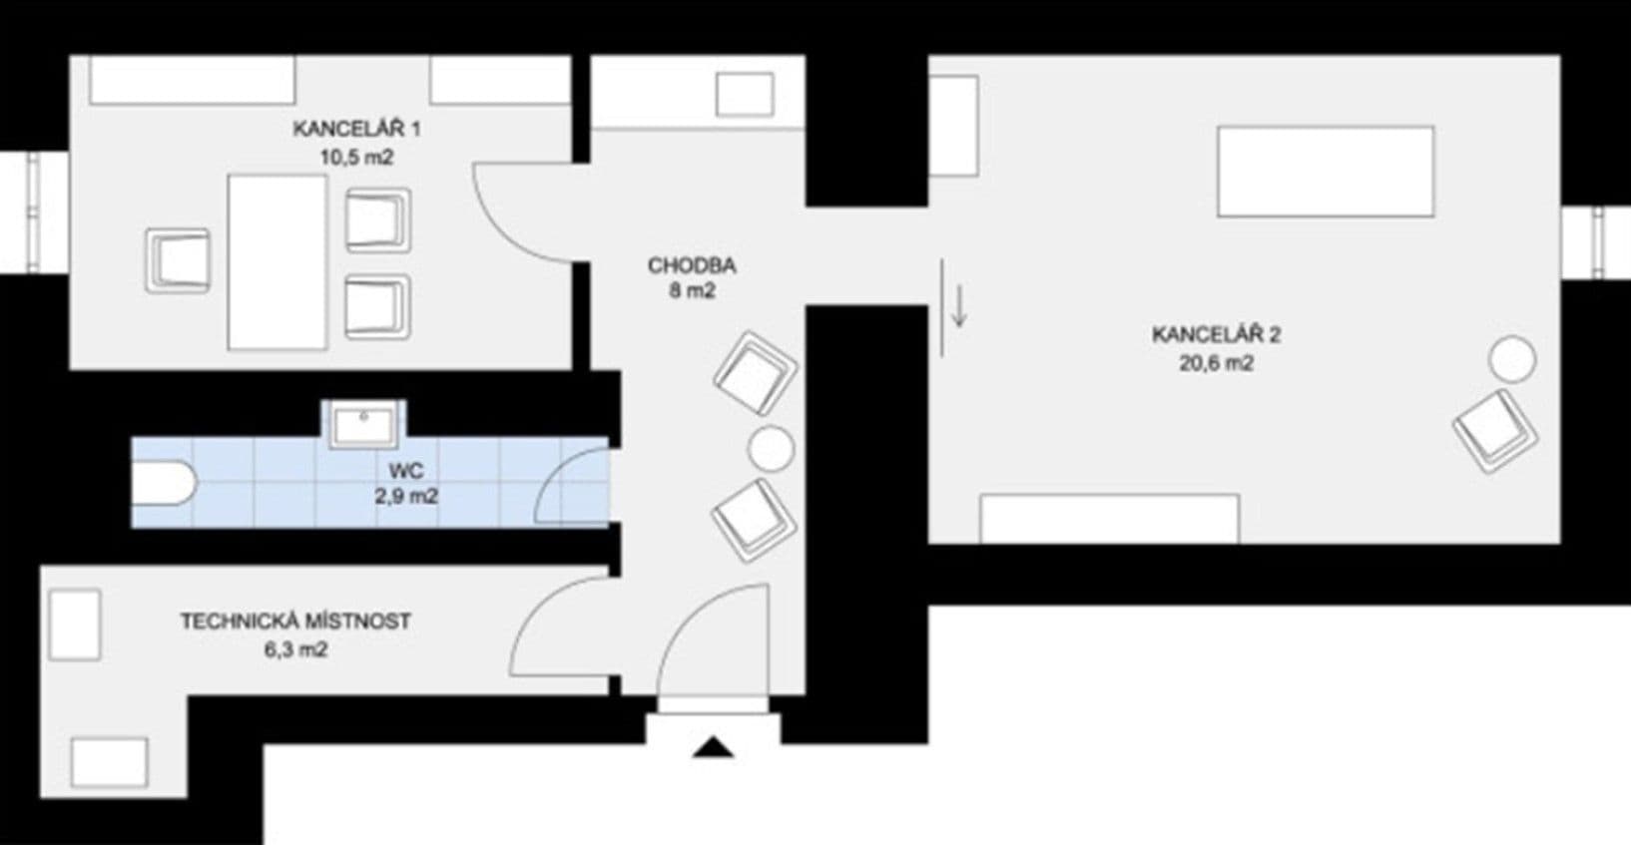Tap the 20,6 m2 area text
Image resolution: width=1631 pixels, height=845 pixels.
[x=1216, y=363]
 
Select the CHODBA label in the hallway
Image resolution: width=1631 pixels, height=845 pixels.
[x=692, y=265]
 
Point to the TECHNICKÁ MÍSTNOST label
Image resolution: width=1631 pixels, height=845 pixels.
[x=295, y=621]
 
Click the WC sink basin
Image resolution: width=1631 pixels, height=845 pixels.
[x=363, y=425]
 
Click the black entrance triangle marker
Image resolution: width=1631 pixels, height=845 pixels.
[x=713, y=746]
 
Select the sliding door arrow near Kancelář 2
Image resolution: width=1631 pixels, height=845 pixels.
[x=959, y=306]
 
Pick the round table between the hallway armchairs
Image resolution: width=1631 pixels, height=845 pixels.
[x=771, y=449]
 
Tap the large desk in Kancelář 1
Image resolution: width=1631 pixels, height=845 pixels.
[x=277, y=262]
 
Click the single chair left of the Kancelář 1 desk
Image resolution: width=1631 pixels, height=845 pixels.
[x=178, y=260]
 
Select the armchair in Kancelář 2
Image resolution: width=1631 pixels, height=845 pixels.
[x=1495, y=431]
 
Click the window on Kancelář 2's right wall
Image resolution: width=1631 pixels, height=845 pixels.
[x=1596, y=242]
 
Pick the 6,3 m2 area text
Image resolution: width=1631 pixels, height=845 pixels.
[x=295, y=650]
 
